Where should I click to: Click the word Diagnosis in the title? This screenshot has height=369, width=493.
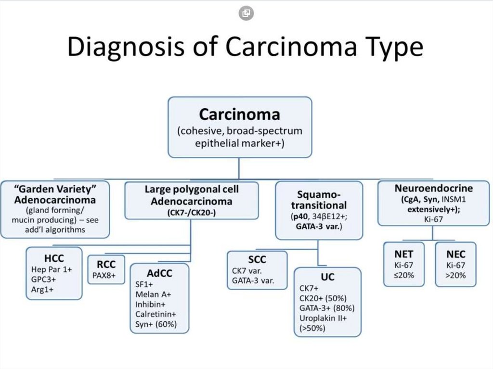[126, 47]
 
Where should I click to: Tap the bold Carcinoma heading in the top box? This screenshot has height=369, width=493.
[240, 115]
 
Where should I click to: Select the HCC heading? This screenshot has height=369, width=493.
[54, 258]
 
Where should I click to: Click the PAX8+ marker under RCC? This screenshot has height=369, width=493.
[104, 276]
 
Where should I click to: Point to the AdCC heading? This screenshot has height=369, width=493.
[159, 273]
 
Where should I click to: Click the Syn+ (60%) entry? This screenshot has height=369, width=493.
[156, 324]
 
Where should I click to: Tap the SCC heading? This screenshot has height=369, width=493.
[257, 260]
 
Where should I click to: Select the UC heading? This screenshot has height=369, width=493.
[327, 277]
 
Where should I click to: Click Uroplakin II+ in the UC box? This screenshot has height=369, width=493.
[323, 318]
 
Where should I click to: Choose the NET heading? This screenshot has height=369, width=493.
[404, 254]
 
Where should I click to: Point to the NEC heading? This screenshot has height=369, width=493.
[455, 254]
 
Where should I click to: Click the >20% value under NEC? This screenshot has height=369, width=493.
[455, 275]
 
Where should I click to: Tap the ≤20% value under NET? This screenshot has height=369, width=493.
[404, 275]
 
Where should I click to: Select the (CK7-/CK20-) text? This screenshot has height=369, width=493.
[192, 213]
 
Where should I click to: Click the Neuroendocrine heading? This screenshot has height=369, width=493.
[434, 188]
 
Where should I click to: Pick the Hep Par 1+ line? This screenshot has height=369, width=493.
[52, 269]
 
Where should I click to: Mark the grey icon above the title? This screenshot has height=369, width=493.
[246, 13]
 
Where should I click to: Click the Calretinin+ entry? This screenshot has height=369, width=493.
[156, 314]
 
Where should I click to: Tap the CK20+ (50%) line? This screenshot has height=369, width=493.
[323, 298]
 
